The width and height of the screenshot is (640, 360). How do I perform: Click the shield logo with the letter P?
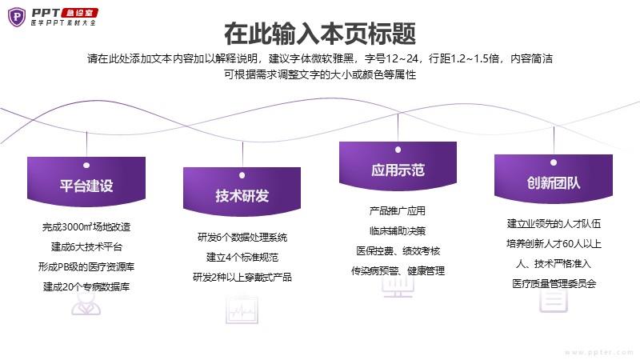click(17, 17)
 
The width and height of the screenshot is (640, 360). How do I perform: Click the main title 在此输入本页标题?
click(320, 34)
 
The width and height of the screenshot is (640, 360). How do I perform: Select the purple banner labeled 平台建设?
click(86, 182)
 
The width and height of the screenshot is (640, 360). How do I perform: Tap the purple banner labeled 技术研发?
click(242, 191)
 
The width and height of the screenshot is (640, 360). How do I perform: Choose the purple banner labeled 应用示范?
click(398, 166)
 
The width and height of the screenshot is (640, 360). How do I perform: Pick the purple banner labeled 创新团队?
click(554, 178)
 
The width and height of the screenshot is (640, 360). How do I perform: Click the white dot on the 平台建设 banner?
click(86, 166)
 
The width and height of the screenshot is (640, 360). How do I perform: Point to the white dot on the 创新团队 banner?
click(554, 162)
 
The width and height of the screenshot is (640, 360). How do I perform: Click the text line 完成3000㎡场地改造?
click(86, 227)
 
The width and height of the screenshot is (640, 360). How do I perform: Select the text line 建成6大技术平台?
click(86, 247)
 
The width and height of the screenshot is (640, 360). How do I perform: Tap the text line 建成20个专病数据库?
click(86, 287)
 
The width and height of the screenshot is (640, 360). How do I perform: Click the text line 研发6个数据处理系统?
click(242, 237)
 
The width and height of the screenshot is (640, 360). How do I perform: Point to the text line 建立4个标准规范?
click(242, 257)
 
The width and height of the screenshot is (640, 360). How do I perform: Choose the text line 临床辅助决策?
click(398, 231)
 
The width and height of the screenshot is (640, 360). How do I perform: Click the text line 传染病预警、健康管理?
click(398, 271)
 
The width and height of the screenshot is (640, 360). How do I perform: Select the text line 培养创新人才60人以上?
click(554, 244)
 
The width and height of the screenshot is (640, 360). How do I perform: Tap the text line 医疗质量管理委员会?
click(554, 284)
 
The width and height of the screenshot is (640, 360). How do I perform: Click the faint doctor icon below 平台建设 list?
click(86, 304)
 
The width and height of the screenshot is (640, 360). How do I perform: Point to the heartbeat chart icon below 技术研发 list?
click(242, 310)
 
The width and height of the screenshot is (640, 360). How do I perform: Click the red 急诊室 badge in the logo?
click(79, 13)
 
